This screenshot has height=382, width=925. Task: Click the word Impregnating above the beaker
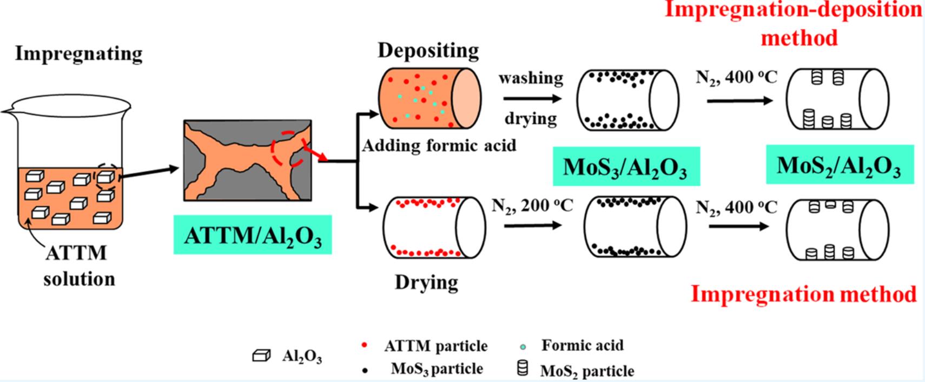pyautogui.click(x=78, y=53)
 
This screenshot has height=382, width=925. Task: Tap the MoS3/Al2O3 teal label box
pyautogui.click(x=625, y=166)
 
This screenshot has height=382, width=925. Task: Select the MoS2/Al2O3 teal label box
pyautogui.click(x=840, y=165)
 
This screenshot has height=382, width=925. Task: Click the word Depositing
pyautogui.click(x=428, y=50)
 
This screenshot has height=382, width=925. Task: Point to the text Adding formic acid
pyautogui.click(x=439, y=145)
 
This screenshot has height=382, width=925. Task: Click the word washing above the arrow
pyautogui.click(x=530, y=78)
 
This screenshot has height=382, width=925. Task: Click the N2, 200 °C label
pyautogui.click(x=532, y=206)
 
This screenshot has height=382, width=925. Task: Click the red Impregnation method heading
pyautogui.click(x=804, y=294)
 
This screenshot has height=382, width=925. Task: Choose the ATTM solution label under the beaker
pyautogui.click(x=78, y=266)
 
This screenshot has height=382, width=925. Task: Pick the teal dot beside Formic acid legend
pyautogui.click(x=523, y=346)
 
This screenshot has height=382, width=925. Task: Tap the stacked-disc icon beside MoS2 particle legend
pyautogui.click(x=523, y=368)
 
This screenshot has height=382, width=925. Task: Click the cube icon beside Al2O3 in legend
pyautogui.click(x=261, y=356)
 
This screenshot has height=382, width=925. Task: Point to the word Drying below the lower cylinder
pyautogui.click(x=426, y=282)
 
